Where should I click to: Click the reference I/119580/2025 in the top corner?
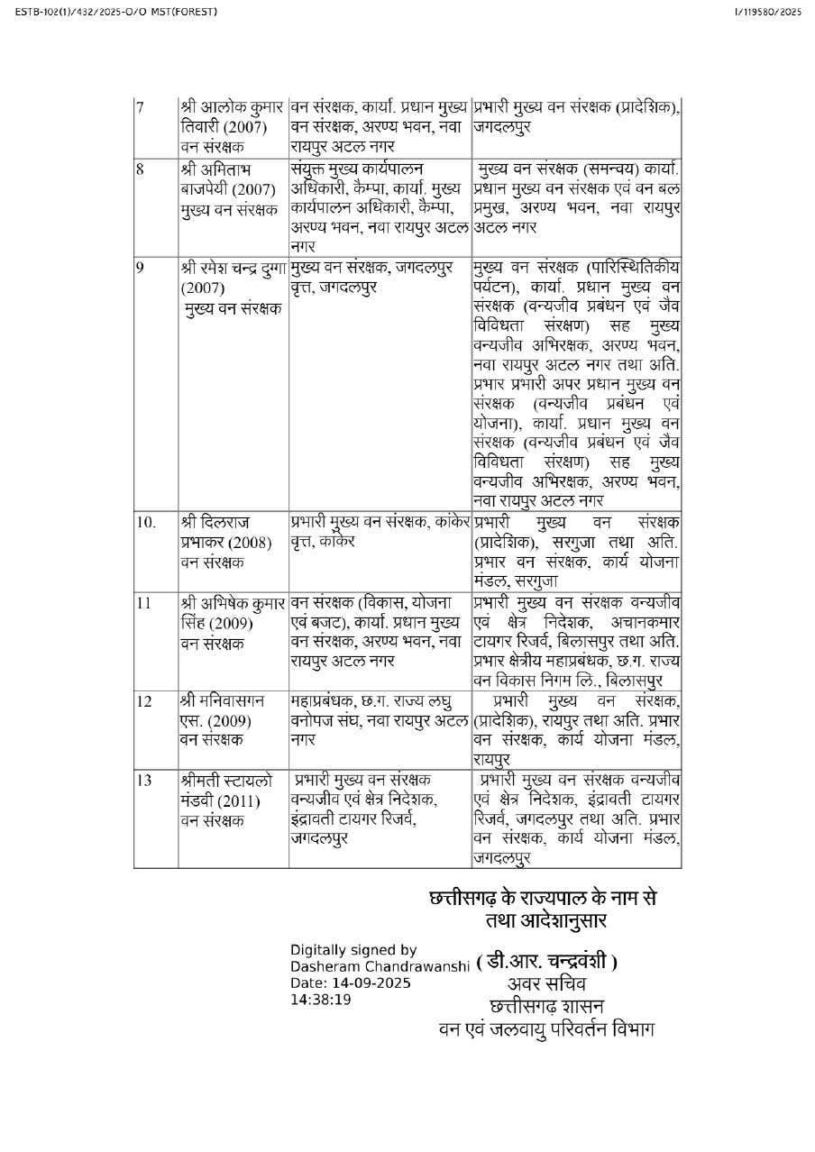pyautogui.click(x=768, y=12)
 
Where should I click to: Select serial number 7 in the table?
pyautogui.click(x=140, y=108)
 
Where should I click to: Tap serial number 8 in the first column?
pyautogui.click(x=140, y=169)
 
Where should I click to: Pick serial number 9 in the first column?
pyautogui.click(x=140, y=268)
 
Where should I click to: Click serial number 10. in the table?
pyautogui.click(x=146, y=522)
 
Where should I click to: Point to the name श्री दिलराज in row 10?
pyautogui.click(x=215, y=522)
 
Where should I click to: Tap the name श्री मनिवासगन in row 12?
pyautogui.click(x=222, y=700)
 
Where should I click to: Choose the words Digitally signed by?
pyautogui.click(x=353, y=949)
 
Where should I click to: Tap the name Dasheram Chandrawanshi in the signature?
pyautogui.click(x=380, y=966)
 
